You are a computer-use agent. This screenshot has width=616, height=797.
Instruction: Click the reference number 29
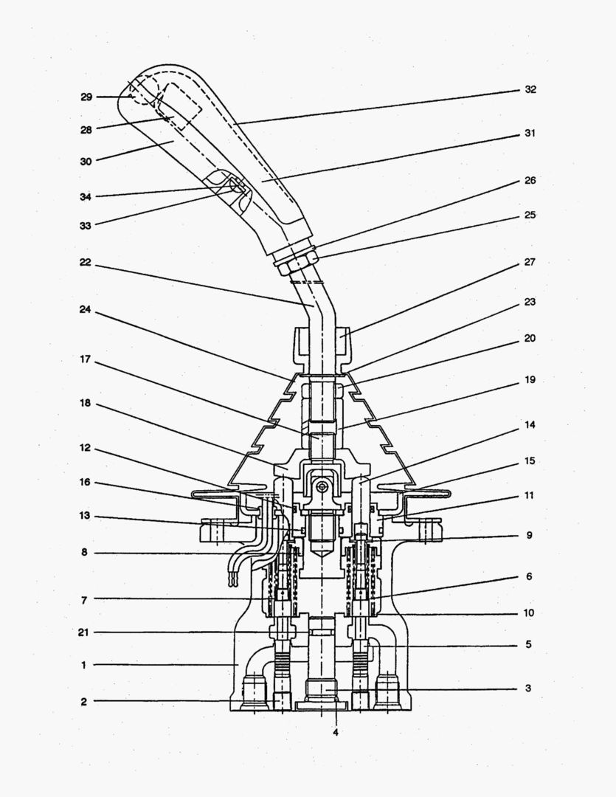[86, 97]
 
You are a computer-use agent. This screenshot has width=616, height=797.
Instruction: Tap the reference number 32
[530, 89]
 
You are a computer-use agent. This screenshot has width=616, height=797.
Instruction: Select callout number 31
[530, 134]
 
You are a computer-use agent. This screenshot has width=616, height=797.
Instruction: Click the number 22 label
[86, 262]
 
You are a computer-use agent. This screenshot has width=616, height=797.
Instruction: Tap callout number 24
[86, 310]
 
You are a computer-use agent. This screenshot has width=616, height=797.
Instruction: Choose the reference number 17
[86, 361]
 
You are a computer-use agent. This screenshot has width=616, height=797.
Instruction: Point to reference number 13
[86, 517]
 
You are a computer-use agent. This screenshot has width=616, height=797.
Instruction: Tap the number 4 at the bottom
[336, 732]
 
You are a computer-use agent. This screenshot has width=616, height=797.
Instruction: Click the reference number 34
[86, 196]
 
